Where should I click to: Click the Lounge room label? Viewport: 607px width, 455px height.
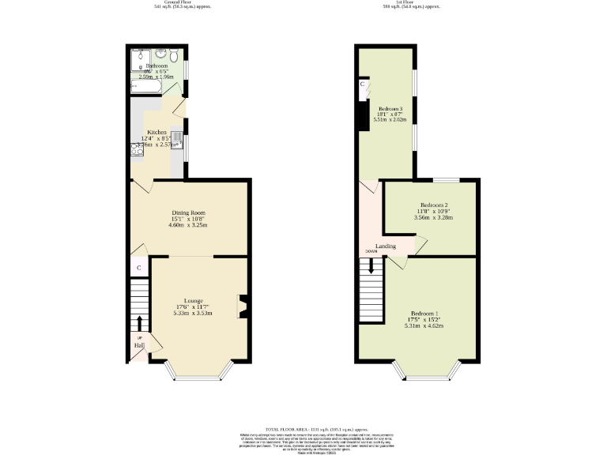click(194, 301)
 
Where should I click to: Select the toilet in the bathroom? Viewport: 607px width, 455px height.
click(173, 56)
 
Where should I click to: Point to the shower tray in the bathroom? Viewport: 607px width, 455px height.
click(140, 56)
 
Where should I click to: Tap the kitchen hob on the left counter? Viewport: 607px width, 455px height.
click(137, 148)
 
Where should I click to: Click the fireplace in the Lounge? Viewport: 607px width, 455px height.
click(243, 306)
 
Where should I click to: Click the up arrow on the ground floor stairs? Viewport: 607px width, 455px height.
click(141, 322)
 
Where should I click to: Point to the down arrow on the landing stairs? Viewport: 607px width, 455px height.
click(371, 269)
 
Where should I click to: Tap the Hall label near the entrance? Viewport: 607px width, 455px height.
click(138, 345)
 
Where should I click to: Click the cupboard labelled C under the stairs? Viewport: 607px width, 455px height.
click(139, 268)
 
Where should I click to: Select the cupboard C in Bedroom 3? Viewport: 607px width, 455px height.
click(362, 84)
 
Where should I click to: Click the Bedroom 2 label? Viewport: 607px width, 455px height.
click(434, 204)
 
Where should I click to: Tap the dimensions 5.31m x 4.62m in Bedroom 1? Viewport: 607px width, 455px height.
click(422, 325)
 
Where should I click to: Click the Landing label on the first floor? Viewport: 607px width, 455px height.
click(386, 246)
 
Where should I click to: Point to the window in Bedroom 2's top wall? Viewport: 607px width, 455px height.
click(441, 180)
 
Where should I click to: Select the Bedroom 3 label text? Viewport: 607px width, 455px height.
click(390, 109)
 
